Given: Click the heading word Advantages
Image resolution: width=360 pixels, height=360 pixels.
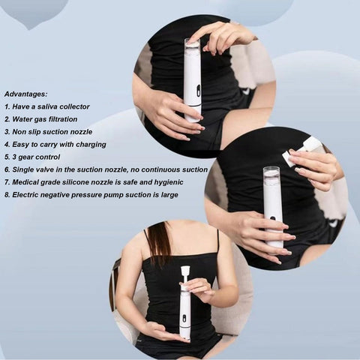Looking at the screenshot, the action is click(25, 94).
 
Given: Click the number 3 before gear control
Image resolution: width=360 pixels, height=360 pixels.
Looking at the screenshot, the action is click(14, 157).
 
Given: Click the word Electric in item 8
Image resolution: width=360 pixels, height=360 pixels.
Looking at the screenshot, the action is click(25, 195).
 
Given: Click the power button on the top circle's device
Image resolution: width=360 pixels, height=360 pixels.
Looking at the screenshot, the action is click(198, 91).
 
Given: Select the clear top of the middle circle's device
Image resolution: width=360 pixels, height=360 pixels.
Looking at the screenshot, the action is click(272, 177).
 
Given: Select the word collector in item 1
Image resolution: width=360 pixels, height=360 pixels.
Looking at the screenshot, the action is click(76, 106).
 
